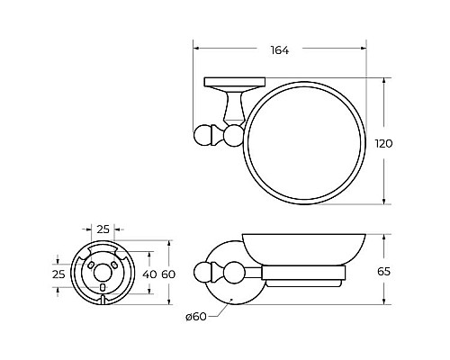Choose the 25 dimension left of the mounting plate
pos(58,273)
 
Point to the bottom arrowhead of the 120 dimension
pos(386,203)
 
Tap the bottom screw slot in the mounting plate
pos(102,288)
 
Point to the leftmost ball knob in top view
pos(205,136)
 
